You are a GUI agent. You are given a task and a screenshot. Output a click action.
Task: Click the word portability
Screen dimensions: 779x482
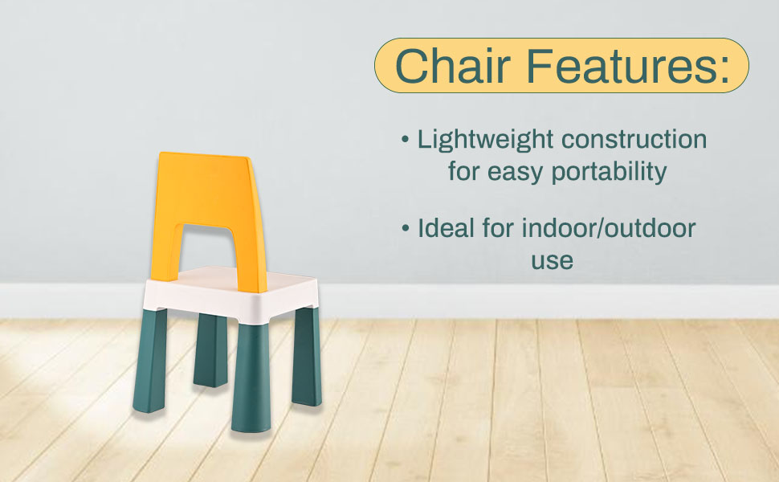[609, 173]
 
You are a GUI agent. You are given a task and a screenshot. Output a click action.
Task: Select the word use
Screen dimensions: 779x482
[552, 261]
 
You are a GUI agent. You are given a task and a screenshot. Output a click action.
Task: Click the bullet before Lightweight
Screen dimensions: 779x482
[406, 139]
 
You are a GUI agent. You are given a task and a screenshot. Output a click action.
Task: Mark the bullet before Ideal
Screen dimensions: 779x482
[406, 228]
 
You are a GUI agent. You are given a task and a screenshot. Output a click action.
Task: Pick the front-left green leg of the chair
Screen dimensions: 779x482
[150, 360]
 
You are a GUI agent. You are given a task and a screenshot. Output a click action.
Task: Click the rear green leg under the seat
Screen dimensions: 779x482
[210, 349]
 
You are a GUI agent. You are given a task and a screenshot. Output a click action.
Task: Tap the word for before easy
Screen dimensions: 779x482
[463, 171]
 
